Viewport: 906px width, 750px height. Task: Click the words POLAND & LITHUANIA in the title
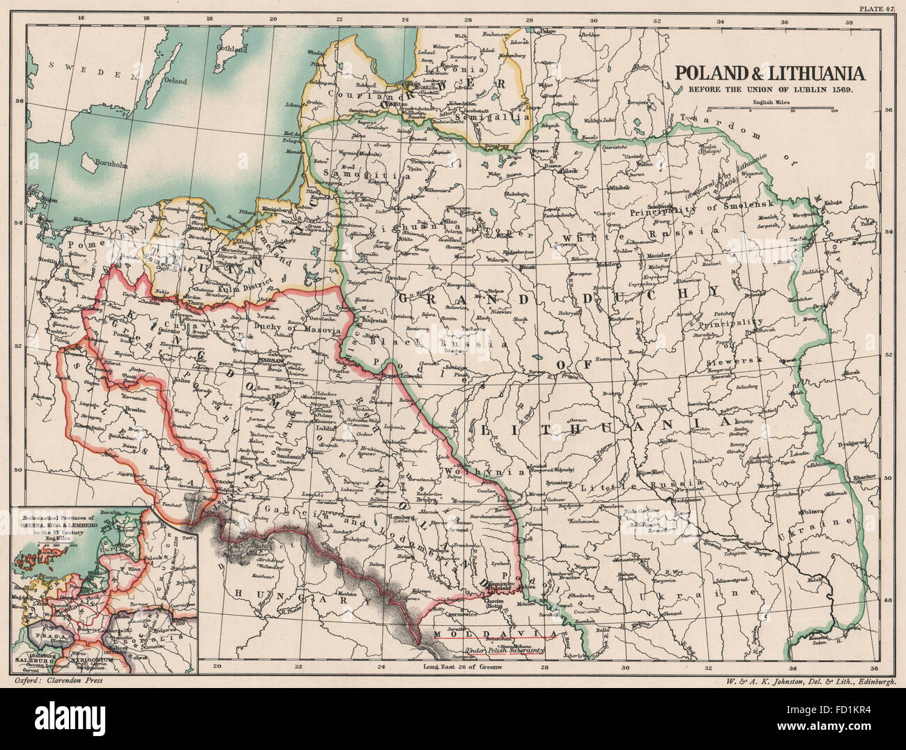pyautogui.click(x=768, y=74)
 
